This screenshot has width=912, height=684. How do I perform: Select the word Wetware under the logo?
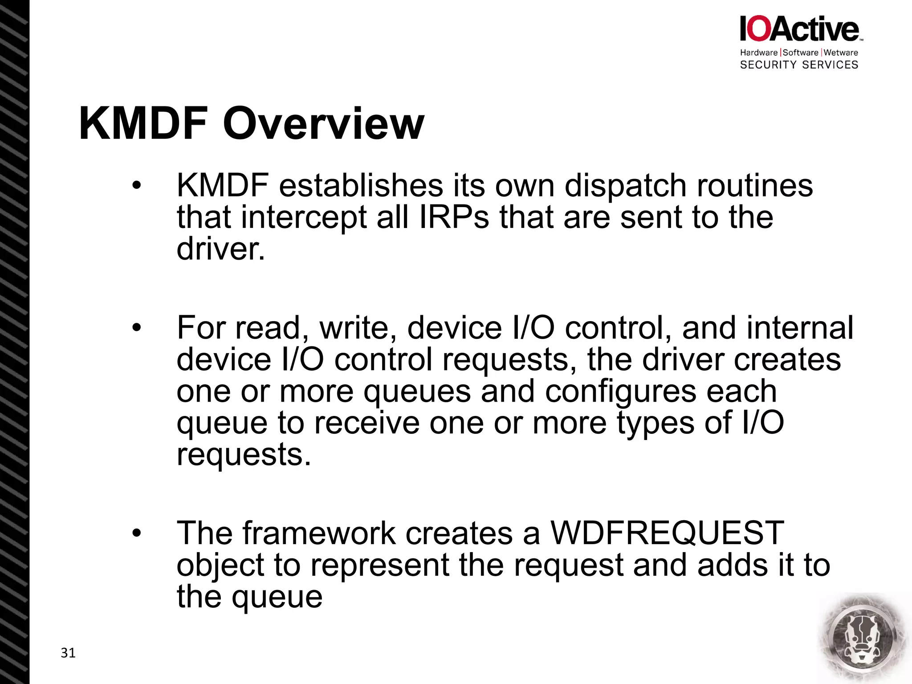841,53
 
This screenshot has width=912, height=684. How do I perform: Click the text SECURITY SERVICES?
799,65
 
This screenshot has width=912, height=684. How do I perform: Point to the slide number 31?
68,653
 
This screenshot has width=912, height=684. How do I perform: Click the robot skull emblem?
863,638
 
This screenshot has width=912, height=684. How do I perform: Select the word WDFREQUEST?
667,533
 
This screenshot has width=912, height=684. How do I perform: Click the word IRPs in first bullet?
454,217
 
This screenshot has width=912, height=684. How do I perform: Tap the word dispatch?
625,185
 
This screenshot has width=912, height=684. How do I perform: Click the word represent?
379,566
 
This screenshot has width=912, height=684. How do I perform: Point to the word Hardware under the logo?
758,53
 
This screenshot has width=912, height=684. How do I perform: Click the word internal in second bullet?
800,328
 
